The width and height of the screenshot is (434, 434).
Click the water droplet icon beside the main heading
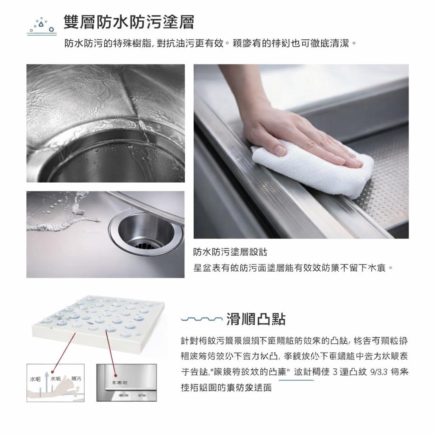coord(41,25)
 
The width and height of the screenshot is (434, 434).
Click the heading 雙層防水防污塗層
coord(129,22)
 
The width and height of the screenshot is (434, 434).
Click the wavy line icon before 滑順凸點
coord(201,319)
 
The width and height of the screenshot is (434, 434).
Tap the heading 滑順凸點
coord(256,319)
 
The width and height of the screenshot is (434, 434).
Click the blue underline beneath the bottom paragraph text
coord(297,380)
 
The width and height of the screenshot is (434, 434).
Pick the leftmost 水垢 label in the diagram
coord(35,378)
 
